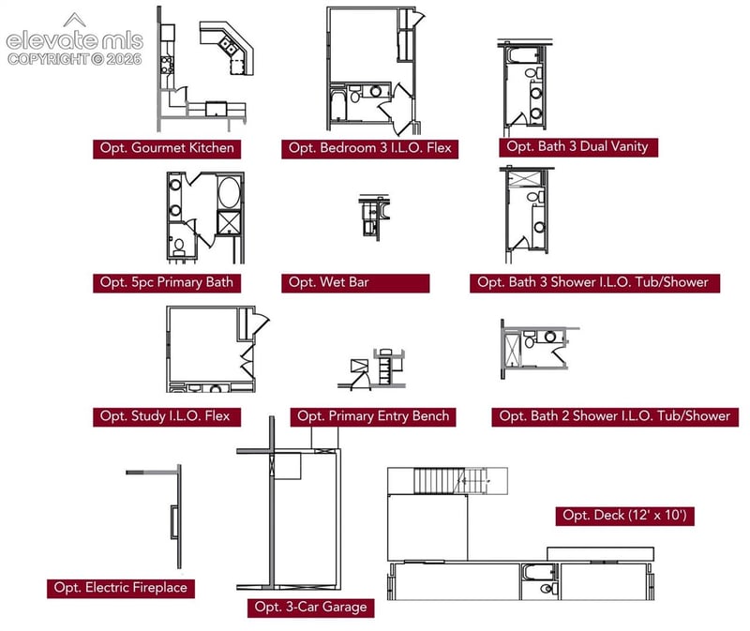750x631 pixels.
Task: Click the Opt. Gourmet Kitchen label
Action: pos(167,148)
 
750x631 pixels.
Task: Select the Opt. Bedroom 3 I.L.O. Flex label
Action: pos(369,148)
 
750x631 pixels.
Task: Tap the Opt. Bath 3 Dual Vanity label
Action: pos(578,147)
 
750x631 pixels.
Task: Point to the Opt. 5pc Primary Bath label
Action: pos(167,283)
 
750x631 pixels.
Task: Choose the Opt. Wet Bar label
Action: pos(355,283)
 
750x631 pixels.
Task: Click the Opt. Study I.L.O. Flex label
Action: pos(167,416)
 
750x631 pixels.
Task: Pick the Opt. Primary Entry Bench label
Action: pos(373,416)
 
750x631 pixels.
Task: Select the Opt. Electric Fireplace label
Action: pos(121,588)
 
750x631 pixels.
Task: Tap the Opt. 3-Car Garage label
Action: pos(310,608)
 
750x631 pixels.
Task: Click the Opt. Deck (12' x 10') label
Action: pos(624,516)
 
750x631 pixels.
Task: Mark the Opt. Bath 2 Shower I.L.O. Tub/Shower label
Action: pos(615,416)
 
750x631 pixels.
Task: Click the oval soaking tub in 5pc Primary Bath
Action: pos(229,192)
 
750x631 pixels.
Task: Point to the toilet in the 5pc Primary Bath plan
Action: pos(178,246)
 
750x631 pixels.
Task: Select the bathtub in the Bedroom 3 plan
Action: pos(337,106)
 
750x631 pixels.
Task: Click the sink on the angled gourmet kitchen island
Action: pos(228,46)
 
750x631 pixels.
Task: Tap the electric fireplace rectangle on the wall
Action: pos(175,522)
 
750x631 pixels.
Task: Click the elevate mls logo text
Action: pos(75,40)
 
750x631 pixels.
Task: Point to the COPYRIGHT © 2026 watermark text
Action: pos(75,59)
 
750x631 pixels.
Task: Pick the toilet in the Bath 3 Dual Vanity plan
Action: pos(532,74)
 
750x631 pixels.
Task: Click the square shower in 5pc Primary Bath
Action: pos(229,222)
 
